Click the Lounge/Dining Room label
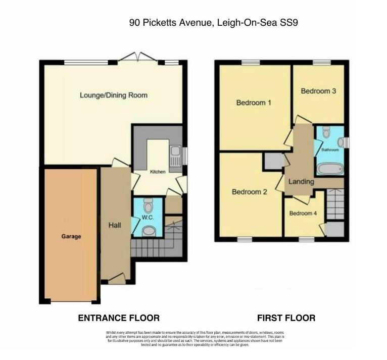tap(113, 95)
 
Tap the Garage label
tap(71, 236)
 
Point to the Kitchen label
tap(157, 172)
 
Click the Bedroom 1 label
tap(254, 103)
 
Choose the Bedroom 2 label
tap(249, 192)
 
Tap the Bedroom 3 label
tap(318, 91)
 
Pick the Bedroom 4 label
tap(303, 213)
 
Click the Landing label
tap(301, 182)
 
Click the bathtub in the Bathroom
tap(329, 168)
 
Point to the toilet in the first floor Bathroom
tap(326, 132)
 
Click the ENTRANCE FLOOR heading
tap(118, 318)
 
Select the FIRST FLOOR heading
tap(286, 318)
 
